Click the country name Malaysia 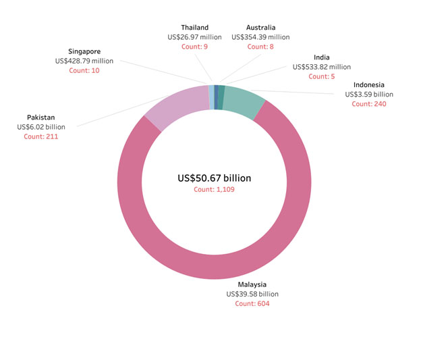pyautogui.click(x=252, y=284)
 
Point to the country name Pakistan pyautogui.click(x=41, y=117)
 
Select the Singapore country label pyautogui.click(x=84, y=51)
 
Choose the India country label pyautogui.click(x=322, y=57)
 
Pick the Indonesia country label pyautogui.click(x=368, y=84)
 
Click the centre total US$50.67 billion pyautogui.click(x=214, y=178)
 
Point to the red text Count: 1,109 pyautogui.click(x=214, y=190)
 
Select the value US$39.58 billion pyautogui.click(x=252, y=294)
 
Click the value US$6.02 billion pyautogui.click(x=41, y=127)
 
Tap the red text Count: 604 pyautogui.click(x=252, y=304)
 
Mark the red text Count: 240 pyautogui.click(x=368, y=104)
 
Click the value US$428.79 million pyautogui.click(x=84, y=61)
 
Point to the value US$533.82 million pyautogui.click(x=322, y=67)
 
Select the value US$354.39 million pyautogui.click(x=260, y=37)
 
